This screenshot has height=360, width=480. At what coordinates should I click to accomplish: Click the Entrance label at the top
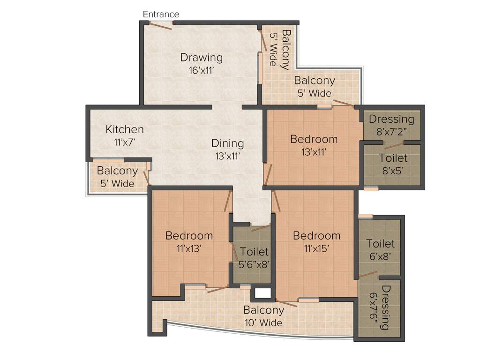click(161, 15)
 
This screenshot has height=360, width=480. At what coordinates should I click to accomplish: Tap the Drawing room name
click(201, 58)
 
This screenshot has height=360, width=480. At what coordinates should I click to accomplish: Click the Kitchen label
click(124, 129)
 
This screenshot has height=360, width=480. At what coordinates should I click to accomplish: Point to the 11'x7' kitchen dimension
click(124, 142)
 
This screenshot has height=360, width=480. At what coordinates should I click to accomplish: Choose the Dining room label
click(227, 143)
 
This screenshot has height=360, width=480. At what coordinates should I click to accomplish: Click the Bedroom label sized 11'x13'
click(189, 235)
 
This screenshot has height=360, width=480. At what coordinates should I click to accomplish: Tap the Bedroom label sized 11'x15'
click(316, 235)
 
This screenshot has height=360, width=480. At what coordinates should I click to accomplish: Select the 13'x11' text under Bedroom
click(314, 152)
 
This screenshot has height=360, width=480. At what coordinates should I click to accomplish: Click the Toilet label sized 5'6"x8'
click(254, 252)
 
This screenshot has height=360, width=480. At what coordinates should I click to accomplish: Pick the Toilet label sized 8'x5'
click(393, 158)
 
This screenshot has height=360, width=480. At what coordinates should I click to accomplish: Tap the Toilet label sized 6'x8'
click(380, 244)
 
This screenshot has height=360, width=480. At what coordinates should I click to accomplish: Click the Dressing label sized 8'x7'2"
click(391, 119)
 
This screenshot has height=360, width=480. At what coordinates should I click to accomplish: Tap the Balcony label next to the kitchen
click(117, 171)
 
